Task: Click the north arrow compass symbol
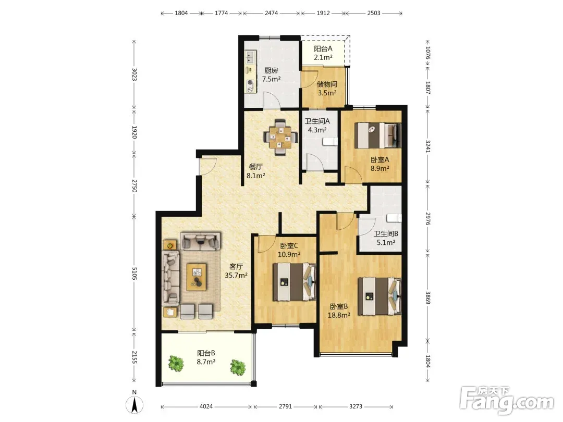point(134,405)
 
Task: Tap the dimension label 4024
point(206,406)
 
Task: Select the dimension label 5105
point(134,274)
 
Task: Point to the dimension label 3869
point(427,297)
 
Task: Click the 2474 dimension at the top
point(271,13)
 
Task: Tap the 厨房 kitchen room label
point(271,70)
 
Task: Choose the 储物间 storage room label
point(327,84)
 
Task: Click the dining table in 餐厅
point(280,136)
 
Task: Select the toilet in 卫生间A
point(329,141)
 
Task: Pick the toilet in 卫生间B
point(394,218)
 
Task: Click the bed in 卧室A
point(377,135)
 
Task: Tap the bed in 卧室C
point(294,282)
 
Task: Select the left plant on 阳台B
point(176,364)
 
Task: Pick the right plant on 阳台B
point(238,367)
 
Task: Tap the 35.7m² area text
point(236,275)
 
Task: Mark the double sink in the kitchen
point(250,57)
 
